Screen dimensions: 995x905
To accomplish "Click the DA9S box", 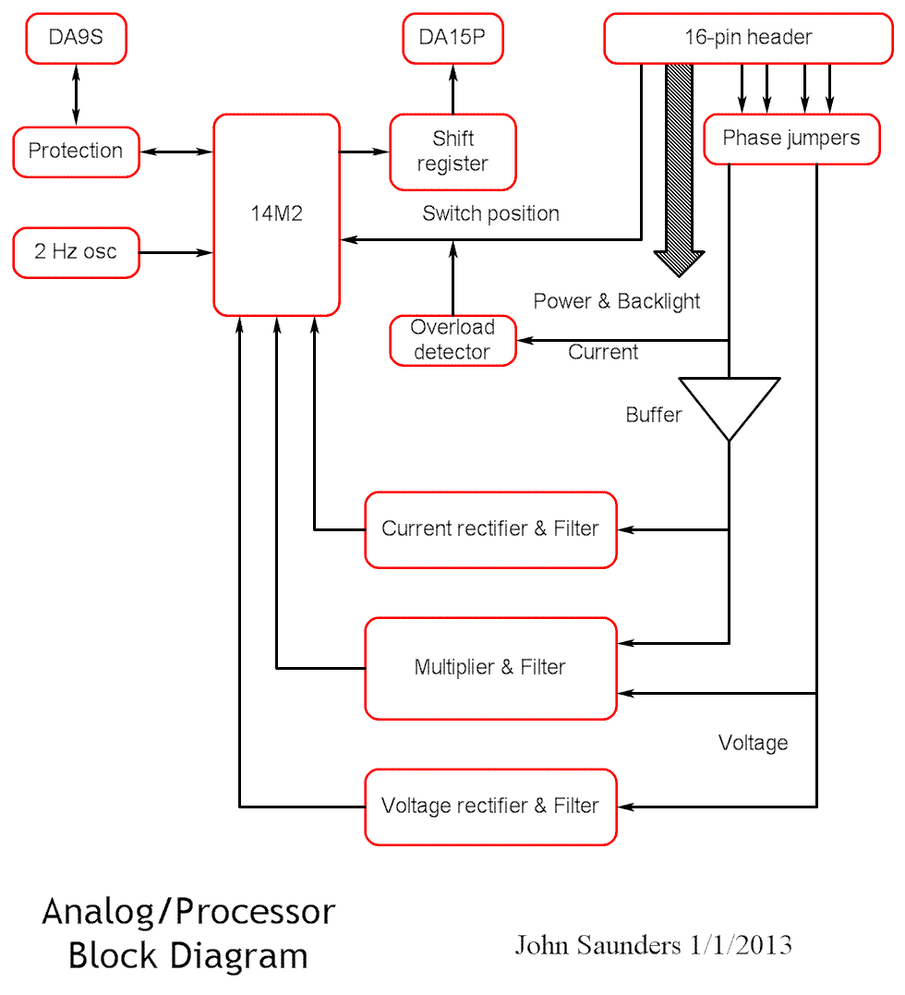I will [x=75, y=39].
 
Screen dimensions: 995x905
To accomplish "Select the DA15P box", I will [x=452, y=39].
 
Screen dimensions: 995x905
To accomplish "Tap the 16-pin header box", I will [x=748, y=38].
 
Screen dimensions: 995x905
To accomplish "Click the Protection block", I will [x=76, y=152].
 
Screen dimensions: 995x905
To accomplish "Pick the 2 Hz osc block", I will [x=76, y=252].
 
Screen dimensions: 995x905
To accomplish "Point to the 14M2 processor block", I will [x=276, y=214].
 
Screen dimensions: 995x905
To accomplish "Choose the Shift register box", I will [x=452, y=152].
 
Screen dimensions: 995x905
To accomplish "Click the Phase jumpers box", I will [x=790, y=139].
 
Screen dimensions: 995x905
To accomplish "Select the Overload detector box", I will [x=452, y=340].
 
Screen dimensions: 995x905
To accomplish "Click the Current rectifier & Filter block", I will [x=490, y=529].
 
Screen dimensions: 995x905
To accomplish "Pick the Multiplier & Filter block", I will [x=490, y=668].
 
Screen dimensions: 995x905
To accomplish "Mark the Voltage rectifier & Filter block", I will [x=490, y=807].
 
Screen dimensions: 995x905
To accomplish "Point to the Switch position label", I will [x=490, y=213].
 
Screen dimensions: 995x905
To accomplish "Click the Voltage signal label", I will [x=753, y=743].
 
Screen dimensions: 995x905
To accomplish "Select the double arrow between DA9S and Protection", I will [x=76, y=95].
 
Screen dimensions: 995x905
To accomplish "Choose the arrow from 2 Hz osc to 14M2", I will [x=176, y=252].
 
